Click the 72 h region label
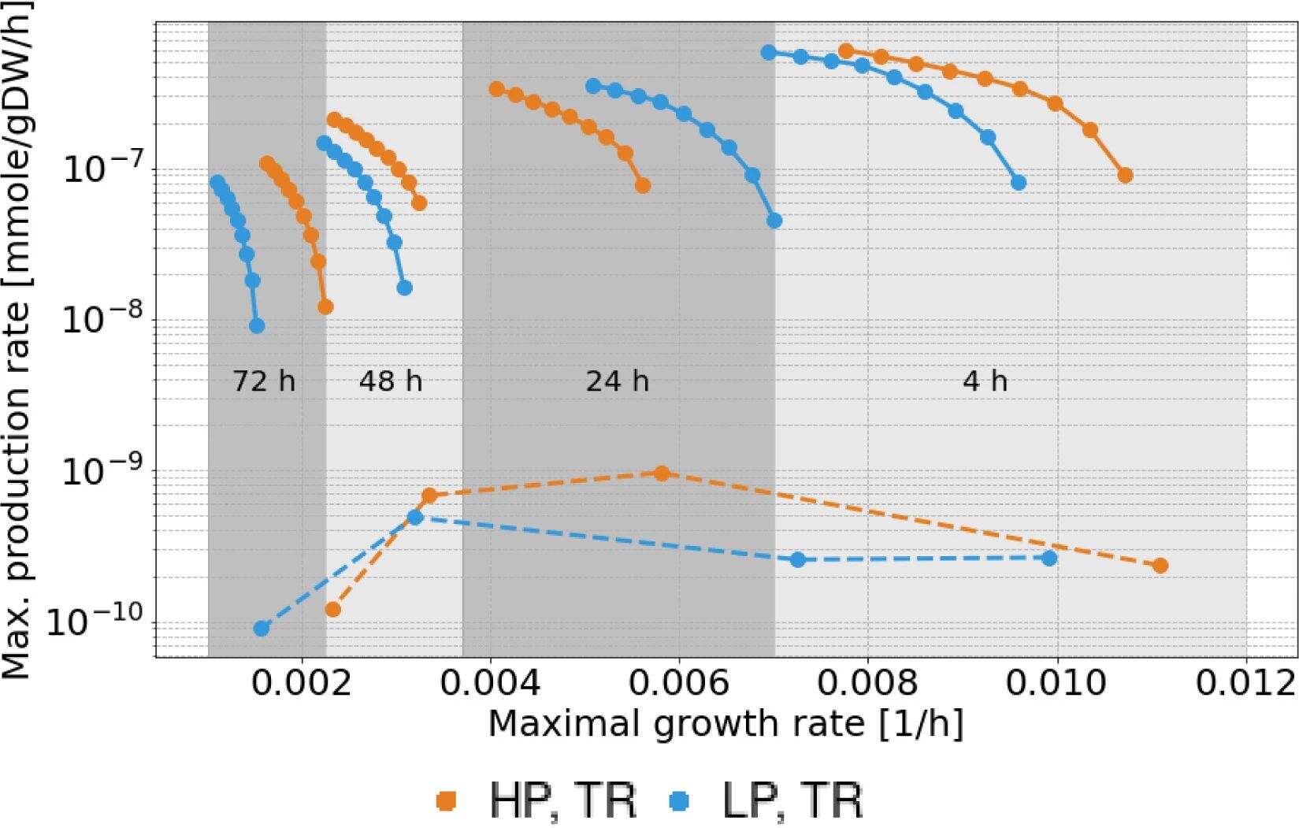click(x=264, y=381)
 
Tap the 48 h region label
click(x=391, y=381)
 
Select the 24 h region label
click(x=618, y=381)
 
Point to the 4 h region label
click(x=985, y=381)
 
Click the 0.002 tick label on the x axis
click(x=302, y=682)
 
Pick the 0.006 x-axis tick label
click(x=679, y=682)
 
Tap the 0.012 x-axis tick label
click(x=1245, y=682)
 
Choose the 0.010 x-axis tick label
click(x=1056, y=682)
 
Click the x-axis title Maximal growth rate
click(x=726, y=723)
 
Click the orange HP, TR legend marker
click(x=446, y=801)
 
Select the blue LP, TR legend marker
click(x=678, y=801)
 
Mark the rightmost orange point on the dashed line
click(x=1160, y=566)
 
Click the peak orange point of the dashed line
click(x=662, y=473)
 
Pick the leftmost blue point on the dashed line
click(x=262, y=628)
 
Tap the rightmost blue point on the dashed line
click(x=1048, y=558)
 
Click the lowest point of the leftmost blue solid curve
click(x=256, y=325)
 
